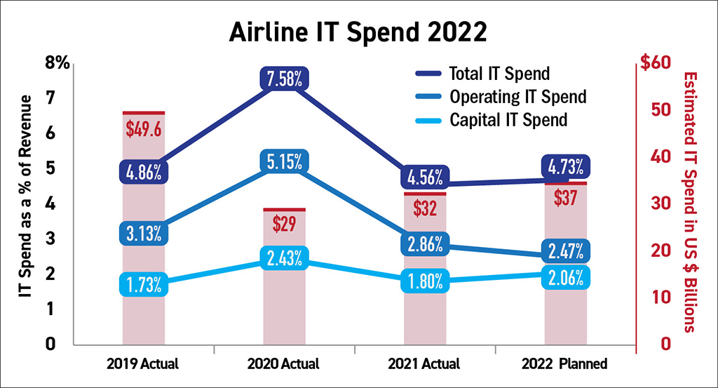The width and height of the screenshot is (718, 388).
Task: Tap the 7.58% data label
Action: tap(283, 79)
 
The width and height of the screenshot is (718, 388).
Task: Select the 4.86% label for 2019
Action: tap(144, 171)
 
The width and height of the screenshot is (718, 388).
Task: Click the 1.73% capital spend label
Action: tap(144, 284)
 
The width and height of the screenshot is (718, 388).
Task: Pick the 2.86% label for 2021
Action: tap(424, 244)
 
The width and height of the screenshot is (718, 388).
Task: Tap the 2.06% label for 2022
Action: tap(565, 277)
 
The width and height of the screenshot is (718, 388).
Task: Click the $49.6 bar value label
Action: tap(144, 129)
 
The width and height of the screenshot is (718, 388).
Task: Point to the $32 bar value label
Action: tap(425, 208)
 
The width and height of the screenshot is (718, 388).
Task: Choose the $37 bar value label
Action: tap(565, 198)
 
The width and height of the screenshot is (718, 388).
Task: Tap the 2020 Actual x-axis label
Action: tap(284, 364)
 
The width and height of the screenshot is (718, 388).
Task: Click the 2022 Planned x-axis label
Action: tap(565, 364)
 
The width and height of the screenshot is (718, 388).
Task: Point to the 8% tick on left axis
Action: tap(59, 63)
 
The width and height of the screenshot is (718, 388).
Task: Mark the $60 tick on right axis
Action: tap(656, 64)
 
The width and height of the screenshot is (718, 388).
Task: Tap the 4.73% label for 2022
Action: tap(565, 168)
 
